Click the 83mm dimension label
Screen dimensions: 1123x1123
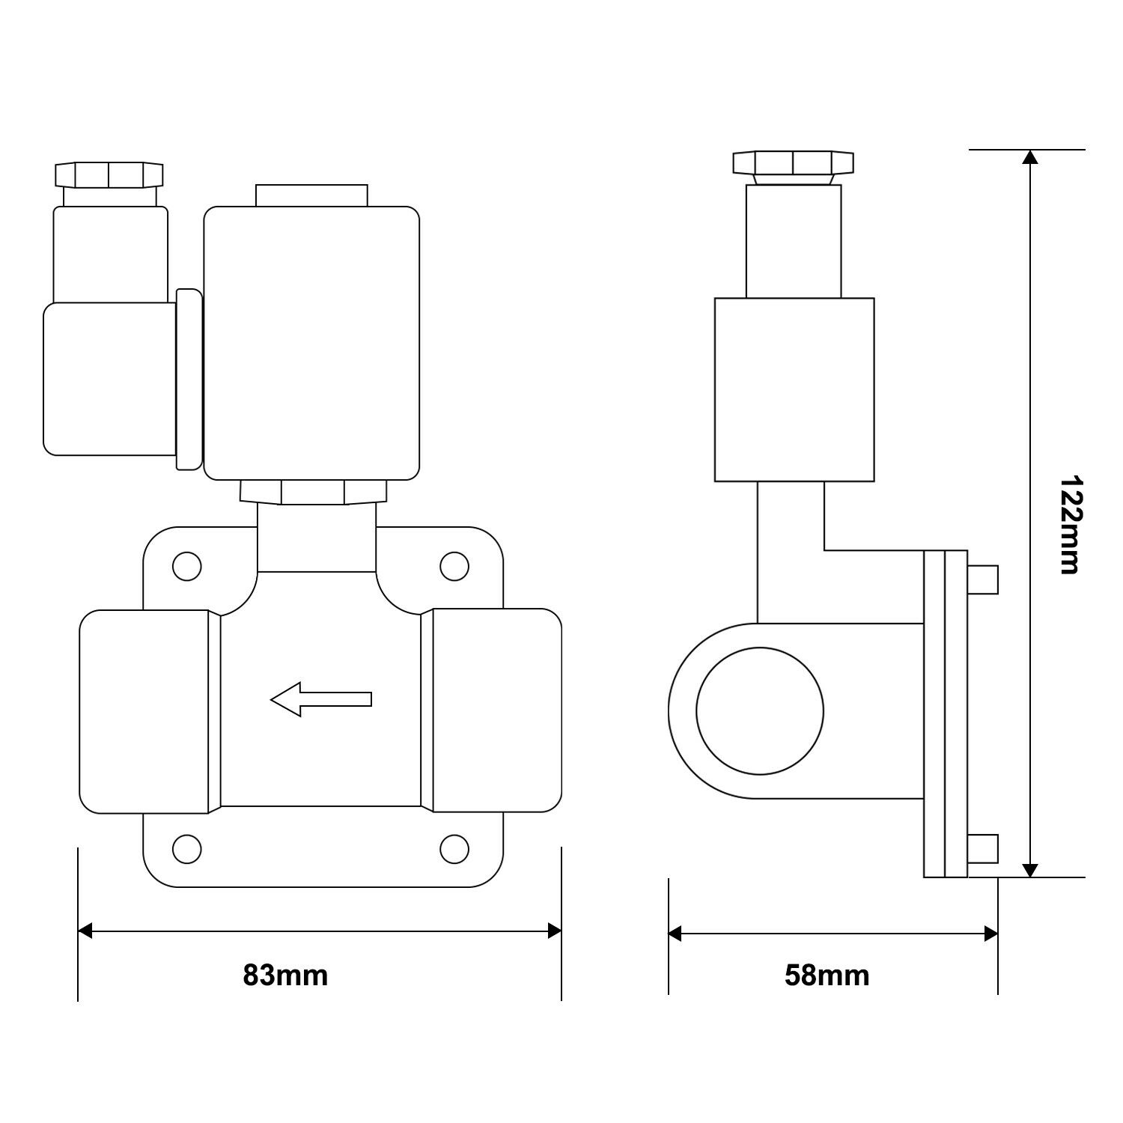tap(285, 976)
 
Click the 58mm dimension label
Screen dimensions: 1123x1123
tap(827, 976)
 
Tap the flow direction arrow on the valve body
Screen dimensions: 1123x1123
tap(320, 699)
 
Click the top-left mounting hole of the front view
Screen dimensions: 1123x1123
tap(186, 567)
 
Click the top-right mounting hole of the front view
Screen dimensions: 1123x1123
tap(454, 567)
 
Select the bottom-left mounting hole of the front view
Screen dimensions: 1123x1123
tap(186, 848)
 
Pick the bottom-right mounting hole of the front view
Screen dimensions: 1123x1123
tap(454, 848)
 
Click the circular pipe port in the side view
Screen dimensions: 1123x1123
tap(760, 710)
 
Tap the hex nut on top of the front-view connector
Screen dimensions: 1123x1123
tap(109, 174)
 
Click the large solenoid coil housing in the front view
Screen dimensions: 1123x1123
tap(311, 343)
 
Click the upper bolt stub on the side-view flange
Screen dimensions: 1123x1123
tap(983, 579)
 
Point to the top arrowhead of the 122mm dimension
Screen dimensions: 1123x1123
tap(1031, 157)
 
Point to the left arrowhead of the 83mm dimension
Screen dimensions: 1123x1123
tap(85, 931)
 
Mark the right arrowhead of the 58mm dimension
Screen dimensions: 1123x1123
tap(990, 934)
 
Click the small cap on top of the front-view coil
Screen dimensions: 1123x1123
tap(311, 195)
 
